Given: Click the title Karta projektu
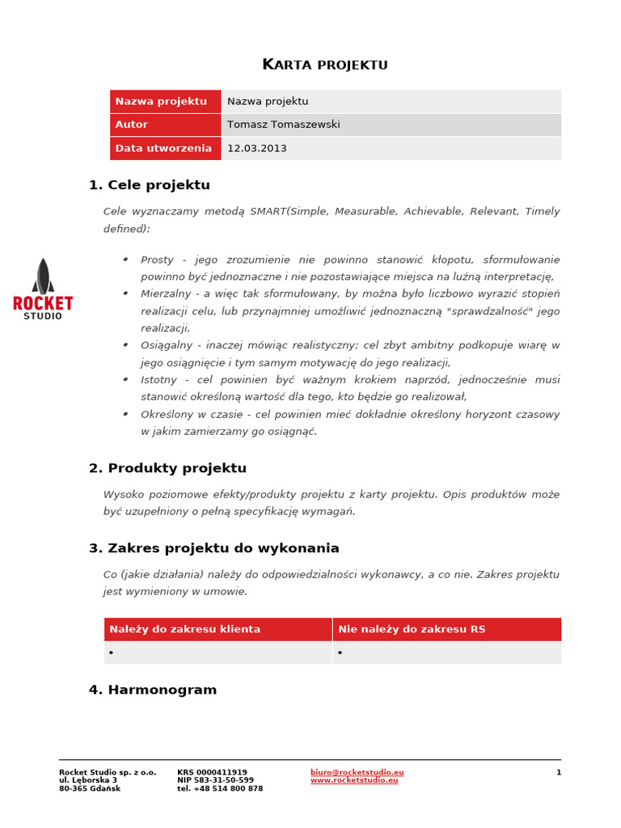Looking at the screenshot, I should (x=325, y=65).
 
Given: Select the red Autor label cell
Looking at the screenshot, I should (x=165, y=125).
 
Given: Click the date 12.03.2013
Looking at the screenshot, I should (x=256, y=148).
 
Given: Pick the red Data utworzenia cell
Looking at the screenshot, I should (x=165, y=148).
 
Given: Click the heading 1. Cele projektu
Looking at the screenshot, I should (x=150, y=185).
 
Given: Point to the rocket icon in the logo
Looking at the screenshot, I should (x=43, y=276).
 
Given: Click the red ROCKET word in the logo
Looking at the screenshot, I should (x=43, y=303).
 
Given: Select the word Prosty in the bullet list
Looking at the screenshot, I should (x=157, y=260).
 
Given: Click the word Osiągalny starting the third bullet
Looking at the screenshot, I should (x=167, y=345).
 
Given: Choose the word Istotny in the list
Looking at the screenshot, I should (x=159, y=380).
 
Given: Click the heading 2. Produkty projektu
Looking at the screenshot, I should (x=167, y=468).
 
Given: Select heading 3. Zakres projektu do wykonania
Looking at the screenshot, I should (x=214, y=548).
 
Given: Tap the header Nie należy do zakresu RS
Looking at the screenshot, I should (x=412, y=629).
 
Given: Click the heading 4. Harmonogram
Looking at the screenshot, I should (x=153, y=690).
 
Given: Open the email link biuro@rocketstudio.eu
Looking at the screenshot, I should (x=357, y=772).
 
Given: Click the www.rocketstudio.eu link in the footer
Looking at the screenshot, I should (x=354, y=780).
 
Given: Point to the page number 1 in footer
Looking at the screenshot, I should (x=558, y=772).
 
